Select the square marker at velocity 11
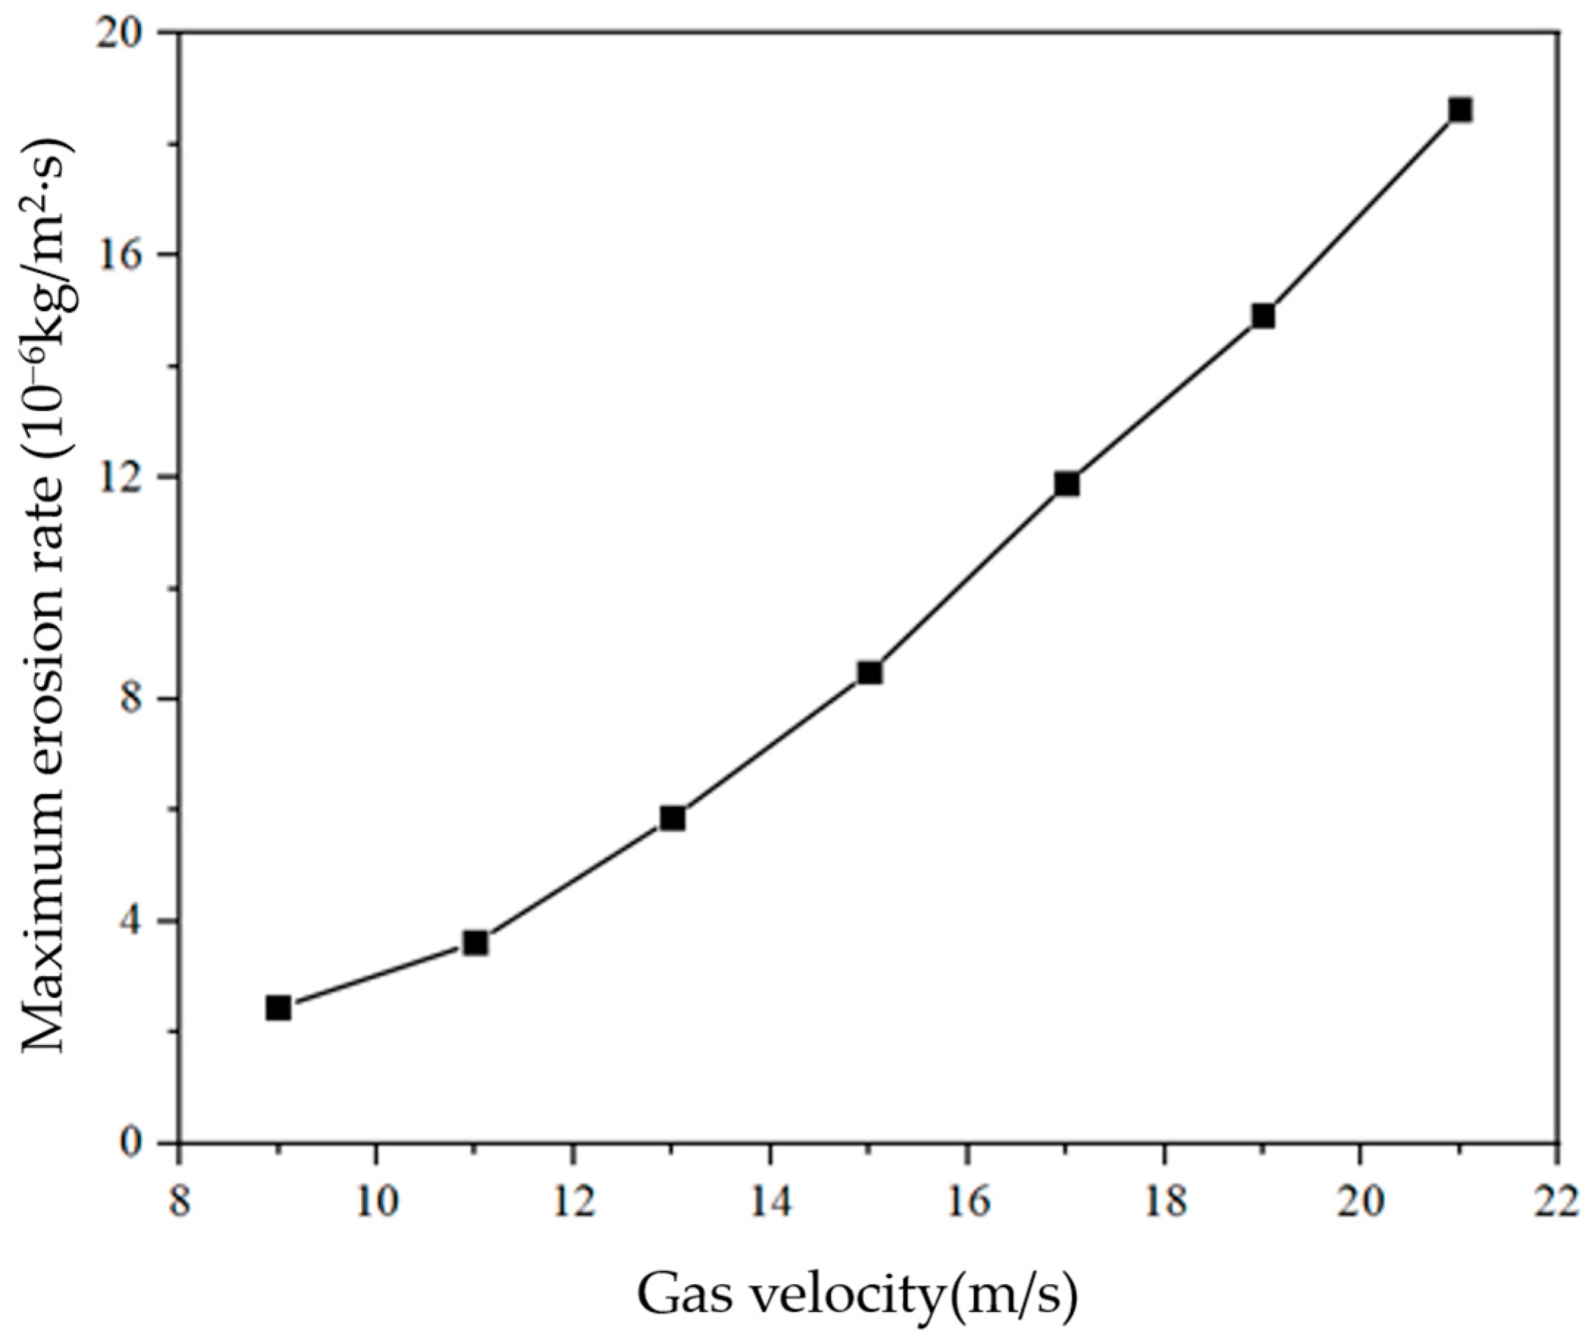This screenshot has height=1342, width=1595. (x=476, y=943)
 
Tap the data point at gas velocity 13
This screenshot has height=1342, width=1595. (x=672, y=818)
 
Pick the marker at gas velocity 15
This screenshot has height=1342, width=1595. (x=870, y=673)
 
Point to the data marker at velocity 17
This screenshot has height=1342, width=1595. (x=1067, y=484)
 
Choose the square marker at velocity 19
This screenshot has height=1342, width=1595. (x=1263, y=316)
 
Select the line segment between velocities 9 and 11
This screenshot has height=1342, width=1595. (x=377, y=975)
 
